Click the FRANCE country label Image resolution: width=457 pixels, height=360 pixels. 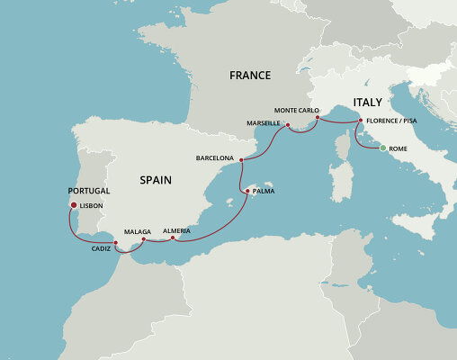click(250, 76)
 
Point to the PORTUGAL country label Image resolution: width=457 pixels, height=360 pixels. click(88, 192)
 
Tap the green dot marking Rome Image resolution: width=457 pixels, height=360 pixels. click(381, 148)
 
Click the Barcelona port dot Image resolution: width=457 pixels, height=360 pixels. click(242, 159)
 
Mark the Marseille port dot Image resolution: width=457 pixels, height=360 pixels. click(287, 125)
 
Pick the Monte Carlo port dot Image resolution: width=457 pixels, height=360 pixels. click(319, 117)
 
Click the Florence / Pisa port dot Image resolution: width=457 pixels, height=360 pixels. click(361, 121)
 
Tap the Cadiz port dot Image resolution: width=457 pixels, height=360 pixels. click(116, 242)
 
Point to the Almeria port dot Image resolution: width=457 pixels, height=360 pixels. click(172, 238)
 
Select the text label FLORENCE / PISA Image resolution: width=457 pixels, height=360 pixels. click(392, 121)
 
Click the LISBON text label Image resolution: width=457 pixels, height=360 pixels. click(92, 206)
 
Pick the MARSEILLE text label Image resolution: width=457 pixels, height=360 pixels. click(264, 121)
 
